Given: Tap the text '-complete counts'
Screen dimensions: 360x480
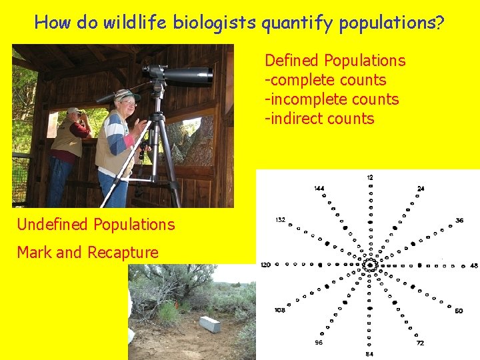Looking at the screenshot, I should [x=325, y=80].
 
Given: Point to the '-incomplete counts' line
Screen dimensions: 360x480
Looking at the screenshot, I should [x=332, y=99].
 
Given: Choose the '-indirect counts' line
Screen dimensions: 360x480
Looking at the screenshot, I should [x=319, y=119].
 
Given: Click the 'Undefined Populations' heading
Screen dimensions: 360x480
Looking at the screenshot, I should [x=96, y=225].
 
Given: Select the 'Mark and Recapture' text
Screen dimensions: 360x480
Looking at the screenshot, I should [x=87, y=253].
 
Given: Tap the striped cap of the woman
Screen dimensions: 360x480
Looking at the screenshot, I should [x=125, y=95].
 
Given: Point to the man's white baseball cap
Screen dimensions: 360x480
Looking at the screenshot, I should [x=73, y=111].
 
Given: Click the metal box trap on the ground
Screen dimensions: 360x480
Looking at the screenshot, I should [x=209, y=324].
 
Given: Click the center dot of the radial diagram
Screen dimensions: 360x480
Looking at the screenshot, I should [x=370, y=265].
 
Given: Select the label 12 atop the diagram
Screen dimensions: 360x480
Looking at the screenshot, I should [x=370, y=177].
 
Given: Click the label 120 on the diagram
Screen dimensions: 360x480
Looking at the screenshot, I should [x=265, y=265].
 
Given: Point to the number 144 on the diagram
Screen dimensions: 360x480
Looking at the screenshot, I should [x=319, y=189].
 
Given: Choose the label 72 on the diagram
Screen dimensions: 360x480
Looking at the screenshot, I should [x=420, y=342].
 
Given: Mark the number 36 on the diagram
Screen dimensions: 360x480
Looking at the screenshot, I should [x=459, y=221].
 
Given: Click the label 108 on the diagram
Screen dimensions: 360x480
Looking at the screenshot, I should [x=280, y=311].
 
